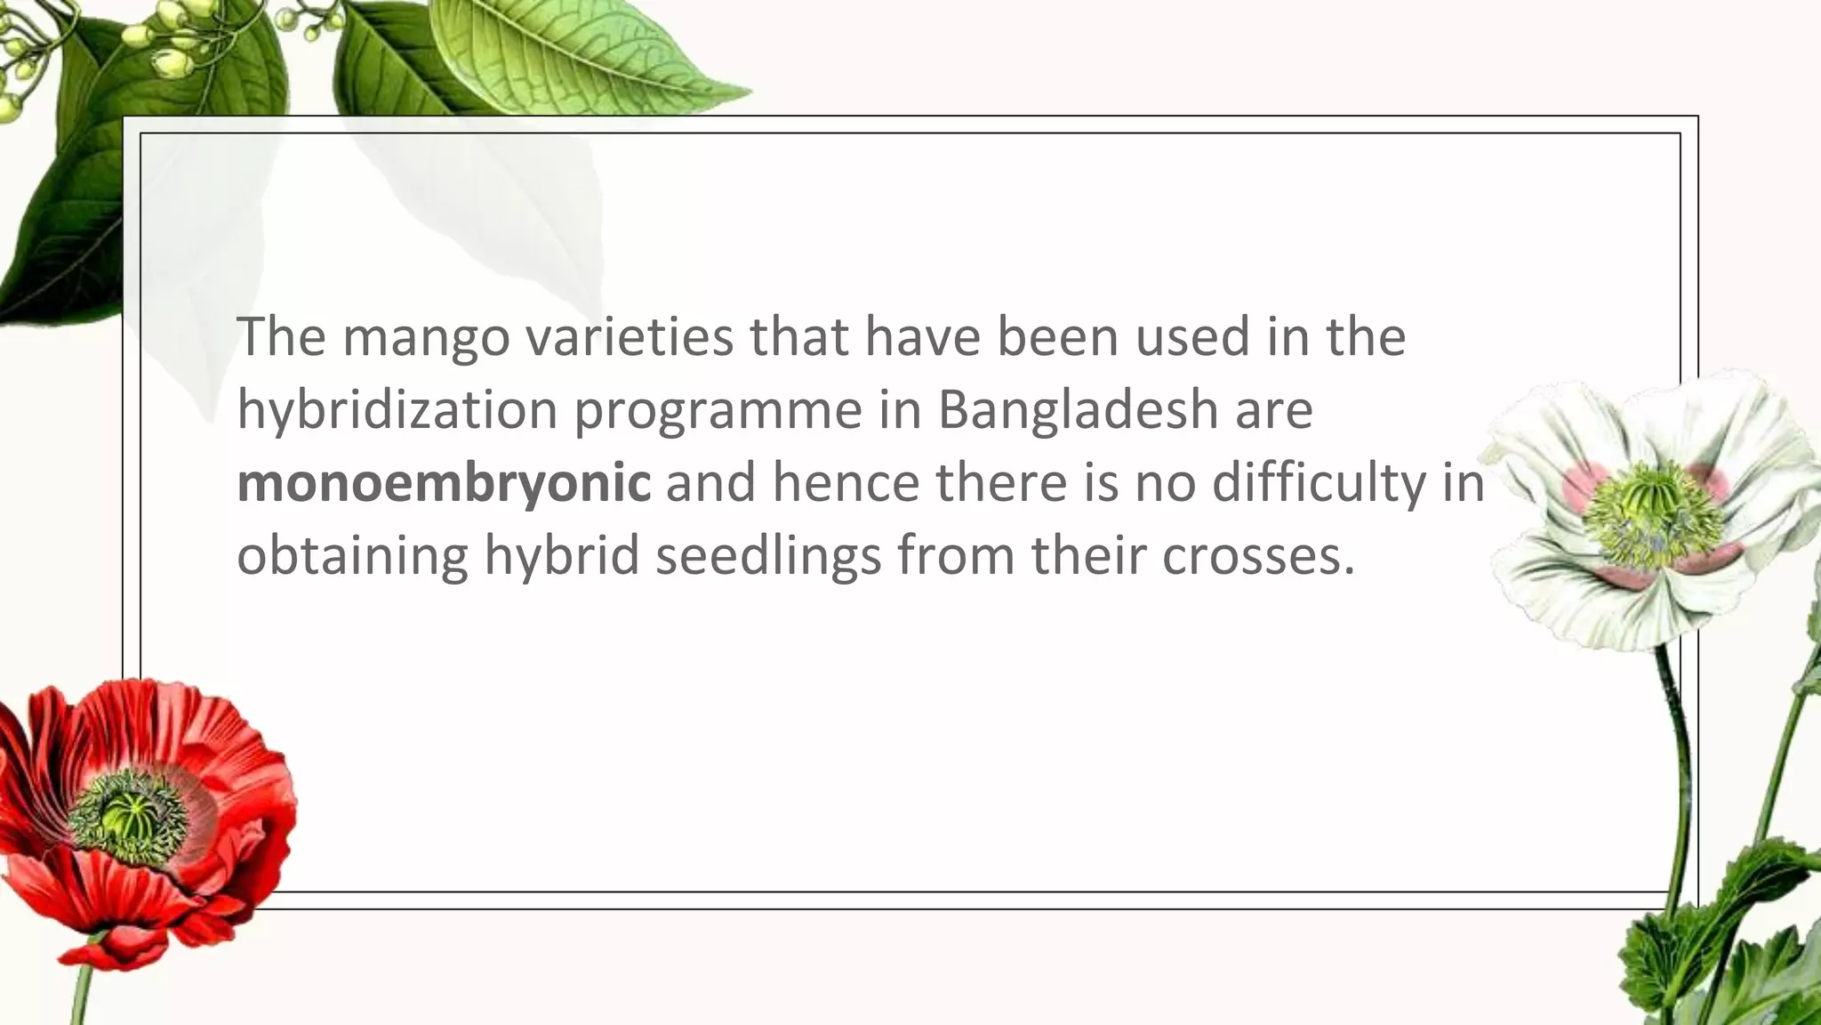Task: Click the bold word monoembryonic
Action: click(x=443, y=483)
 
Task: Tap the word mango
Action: click(x=427, y=338)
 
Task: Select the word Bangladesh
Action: click(x=1077, y=410)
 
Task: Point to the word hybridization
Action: click(x=397, y=410)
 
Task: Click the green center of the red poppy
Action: click(x=125, y=811)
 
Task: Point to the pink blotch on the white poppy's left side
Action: click(x=1581, y=485)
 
